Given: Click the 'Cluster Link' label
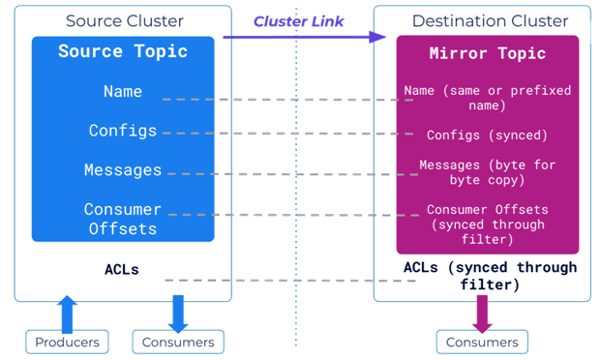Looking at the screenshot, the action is pyautogui.click(x=298, y=21).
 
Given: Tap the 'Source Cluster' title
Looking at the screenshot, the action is pyautogui.click(x=125, y=21).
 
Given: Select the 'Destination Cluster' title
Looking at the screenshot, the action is pyautogui.click(x=491, y=21).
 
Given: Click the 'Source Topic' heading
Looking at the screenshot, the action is pyautogui.click(x=123, y=51).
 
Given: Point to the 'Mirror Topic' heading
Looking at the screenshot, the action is pyautogui.click(x=488, y=53).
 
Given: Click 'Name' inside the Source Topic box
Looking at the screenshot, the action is pyautogui.click(x=123, y=91).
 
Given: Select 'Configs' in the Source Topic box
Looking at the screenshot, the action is pyautogui.click(x=123, y=131).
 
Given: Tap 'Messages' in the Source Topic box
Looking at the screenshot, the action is pyautogui.click(x=123, y=170).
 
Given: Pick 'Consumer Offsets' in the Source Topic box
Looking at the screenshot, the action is pyautogui.click(x=123, y=220).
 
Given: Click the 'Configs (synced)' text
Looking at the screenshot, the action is pyautogui.click(x=487, y=135).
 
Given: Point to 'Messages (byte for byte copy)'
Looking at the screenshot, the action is pyautogui.click(x=487, y=172).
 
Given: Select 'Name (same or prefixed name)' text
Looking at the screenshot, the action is pyautogui.click(x=488, y=98).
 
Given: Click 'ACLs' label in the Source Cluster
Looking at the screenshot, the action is pyautogui.click(x=122, y=269).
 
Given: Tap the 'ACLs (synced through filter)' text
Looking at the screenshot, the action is pyautogui.click(x=491, y=276).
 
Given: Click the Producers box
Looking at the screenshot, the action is pyautogui.click(x=67, y=342).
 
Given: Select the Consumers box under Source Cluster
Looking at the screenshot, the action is pyautogui.click(x=178, y=342).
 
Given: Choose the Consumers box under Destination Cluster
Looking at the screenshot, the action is pyautogui.click(x=482, y=342).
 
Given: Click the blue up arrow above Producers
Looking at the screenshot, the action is pyautogui.click(x=67, y=315).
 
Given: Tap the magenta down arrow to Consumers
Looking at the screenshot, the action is pyautogui.click(x=482, y=314).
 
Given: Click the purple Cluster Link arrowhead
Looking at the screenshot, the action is pyautogui.click(x=377, y=37).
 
